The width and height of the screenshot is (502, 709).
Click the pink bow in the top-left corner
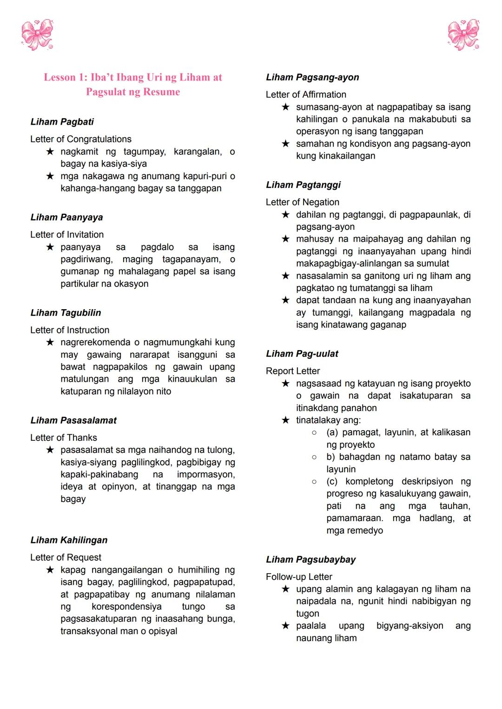[37, 34]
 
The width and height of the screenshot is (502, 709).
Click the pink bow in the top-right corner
[463, 34]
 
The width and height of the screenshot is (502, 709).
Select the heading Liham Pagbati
[62, 122]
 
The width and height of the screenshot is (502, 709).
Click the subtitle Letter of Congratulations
[81, 139]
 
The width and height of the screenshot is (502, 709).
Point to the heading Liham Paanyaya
[66, 217]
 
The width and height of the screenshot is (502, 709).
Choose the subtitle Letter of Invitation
[67, 234]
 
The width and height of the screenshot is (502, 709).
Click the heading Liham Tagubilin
[66, 313]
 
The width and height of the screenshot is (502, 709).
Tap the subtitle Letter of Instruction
[70, 330]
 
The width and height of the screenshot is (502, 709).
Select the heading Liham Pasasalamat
[73, 420]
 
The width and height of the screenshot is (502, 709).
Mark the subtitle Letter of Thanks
[64, 437]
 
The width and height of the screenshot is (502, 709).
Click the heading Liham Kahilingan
[69, 540]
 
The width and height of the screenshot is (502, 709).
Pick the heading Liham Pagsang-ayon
[312, 77]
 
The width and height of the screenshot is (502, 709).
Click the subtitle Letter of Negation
[303, 202]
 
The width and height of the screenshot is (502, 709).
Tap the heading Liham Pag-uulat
[302, 354]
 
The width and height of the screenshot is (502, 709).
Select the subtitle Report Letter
[293, 371]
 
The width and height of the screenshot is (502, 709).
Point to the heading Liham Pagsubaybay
[310, 559]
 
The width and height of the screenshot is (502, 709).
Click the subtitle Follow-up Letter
[299, 577]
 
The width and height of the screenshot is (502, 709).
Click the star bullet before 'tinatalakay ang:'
[286, 420]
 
